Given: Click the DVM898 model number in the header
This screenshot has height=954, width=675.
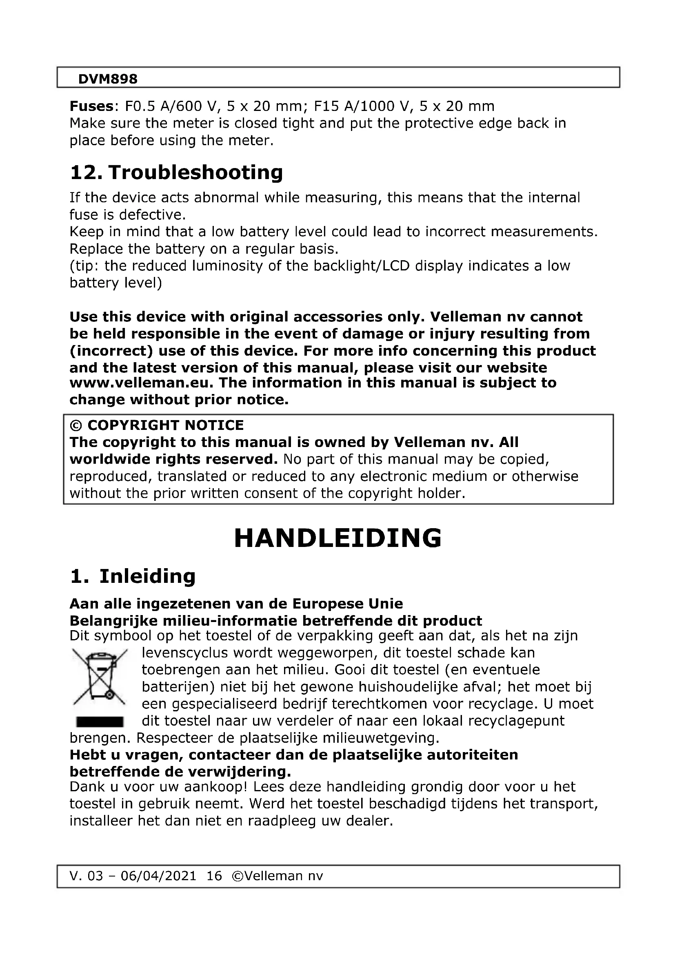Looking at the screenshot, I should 108,79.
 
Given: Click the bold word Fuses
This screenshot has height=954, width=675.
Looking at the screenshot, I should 91,106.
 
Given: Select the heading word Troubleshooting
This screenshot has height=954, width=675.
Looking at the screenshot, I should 195,172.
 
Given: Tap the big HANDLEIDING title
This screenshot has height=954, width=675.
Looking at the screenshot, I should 337,538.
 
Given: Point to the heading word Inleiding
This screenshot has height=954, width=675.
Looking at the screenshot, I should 147,576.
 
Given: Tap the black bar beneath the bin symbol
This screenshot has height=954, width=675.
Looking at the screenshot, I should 100,722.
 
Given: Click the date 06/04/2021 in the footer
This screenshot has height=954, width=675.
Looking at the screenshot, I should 158,875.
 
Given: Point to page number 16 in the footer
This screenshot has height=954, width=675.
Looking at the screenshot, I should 214,875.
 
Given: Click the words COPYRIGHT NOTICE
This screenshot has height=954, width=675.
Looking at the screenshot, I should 165,425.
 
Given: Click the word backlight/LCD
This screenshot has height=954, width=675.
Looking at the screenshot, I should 362,266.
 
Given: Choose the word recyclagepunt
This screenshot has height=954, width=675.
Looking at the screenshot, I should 516,720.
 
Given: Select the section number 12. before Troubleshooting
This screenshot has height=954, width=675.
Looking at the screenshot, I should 86,172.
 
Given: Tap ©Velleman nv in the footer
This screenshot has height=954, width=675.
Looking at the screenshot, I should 277,875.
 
